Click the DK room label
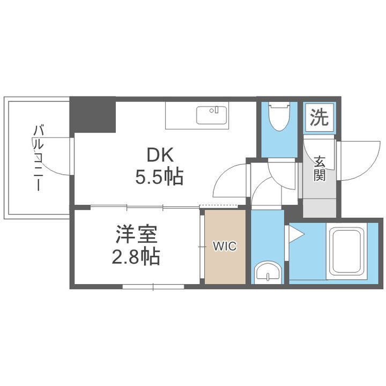161,155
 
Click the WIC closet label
225,247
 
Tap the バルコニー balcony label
39,158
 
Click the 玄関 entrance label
320,168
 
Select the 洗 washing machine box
320,117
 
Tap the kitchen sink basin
212,115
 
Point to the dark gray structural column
93,114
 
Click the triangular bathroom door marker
295,233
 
